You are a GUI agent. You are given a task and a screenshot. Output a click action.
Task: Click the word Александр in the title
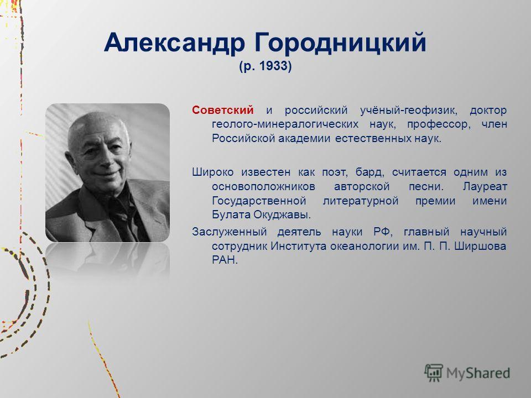[x=174, y=43]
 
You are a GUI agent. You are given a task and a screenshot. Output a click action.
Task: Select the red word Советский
[x=222, y=110]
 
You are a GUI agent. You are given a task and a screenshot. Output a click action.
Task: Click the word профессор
[x=439, y=125]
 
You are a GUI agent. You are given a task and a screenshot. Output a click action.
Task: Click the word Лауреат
[x=485, y=186]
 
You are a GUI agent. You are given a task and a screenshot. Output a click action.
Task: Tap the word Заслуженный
[x=229, y=232]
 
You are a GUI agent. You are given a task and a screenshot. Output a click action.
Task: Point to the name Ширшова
[x=480, y=246]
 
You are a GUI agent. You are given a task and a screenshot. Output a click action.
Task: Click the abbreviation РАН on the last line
[x=225, y=260]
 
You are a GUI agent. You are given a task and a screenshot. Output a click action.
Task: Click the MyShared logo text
[x=478, y=373]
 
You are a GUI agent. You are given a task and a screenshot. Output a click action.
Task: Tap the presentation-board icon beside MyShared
[x=434, y=372]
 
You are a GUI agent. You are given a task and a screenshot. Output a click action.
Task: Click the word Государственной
[x=259, y=201]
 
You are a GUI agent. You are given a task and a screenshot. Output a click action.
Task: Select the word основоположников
[x=263, y=187]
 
